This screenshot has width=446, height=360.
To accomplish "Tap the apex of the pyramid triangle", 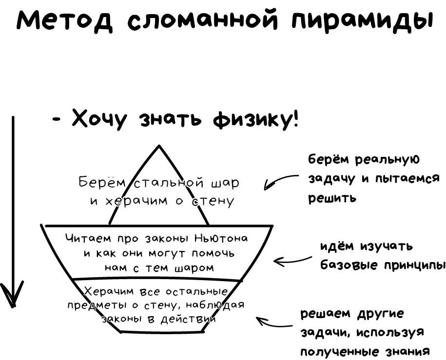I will [x=158, y=146].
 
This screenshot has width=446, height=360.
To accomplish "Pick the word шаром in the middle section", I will [x=197, y=267].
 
